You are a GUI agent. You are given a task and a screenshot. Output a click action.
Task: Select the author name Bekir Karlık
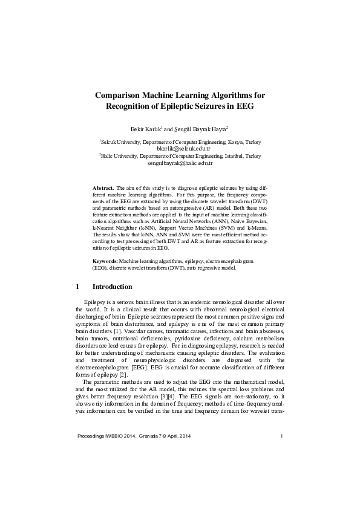[145, 129]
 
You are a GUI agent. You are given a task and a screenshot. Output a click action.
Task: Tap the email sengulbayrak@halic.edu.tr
[180, 163]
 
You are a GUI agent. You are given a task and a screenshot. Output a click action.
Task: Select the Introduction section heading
[112, 287]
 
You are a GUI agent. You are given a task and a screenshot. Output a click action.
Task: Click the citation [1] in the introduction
[120, 332]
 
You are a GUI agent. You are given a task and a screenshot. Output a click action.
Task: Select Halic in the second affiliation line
[109, 156]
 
